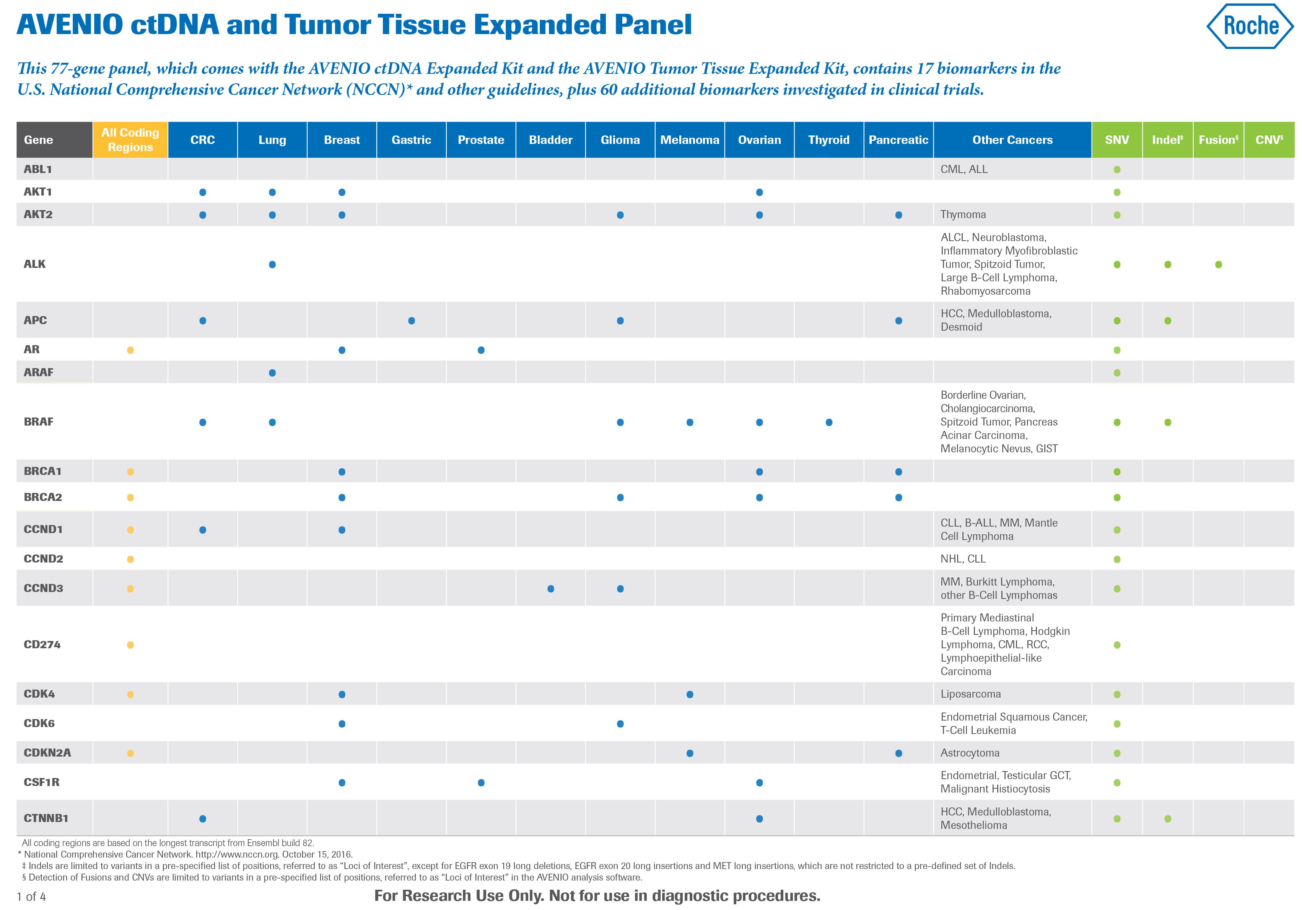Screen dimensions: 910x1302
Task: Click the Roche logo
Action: (x=1250, y=26)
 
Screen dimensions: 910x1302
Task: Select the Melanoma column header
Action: (x=690, y=140)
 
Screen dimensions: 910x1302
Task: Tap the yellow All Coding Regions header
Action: (x=130, y=140)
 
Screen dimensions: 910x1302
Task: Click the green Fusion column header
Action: (x=1218, y=140)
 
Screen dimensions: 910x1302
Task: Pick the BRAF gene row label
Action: (x=39, y=422)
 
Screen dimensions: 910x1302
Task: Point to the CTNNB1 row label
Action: (x=46, y=819)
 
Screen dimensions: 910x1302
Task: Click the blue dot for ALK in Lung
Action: (x=272, y=264)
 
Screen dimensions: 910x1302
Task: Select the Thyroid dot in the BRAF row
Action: (x=829, y=422)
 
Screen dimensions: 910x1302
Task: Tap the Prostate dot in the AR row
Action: (x=481, y=350)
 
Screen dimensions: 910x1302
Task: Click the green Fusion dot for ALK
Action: (x=1219, y=265)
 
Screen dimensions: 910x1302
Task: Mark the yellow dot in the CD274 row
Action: (x=130, y=645)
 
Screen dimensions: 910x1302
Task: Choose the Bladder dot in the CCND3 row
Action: (x=551, y=589)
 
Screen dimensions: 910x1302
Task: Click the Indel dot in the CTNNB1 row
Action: (x=1168, y=819)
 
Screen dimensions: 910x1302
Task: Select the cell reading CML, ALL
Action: (x=964, y=170)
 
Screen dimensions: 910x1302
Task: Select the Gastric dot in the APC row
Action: (x=412, y=321)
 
